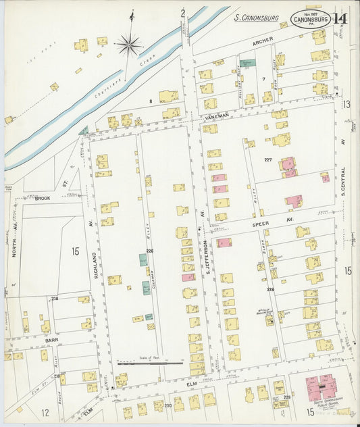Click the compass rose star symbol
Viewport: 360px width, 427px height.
128,45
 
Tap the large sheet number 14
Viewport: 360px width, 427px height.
340,18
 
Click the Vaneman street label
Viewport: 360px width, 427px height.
216,117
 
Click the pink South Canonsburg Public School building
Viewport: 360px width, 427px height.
323,388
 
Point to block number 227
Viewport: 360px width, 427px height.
268,160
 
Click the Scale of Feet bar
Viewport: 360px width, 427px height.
149,363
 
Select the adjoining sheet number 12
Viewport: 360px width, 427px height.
45,411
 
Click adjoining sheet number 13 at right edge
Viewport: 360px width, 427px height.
346,104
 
